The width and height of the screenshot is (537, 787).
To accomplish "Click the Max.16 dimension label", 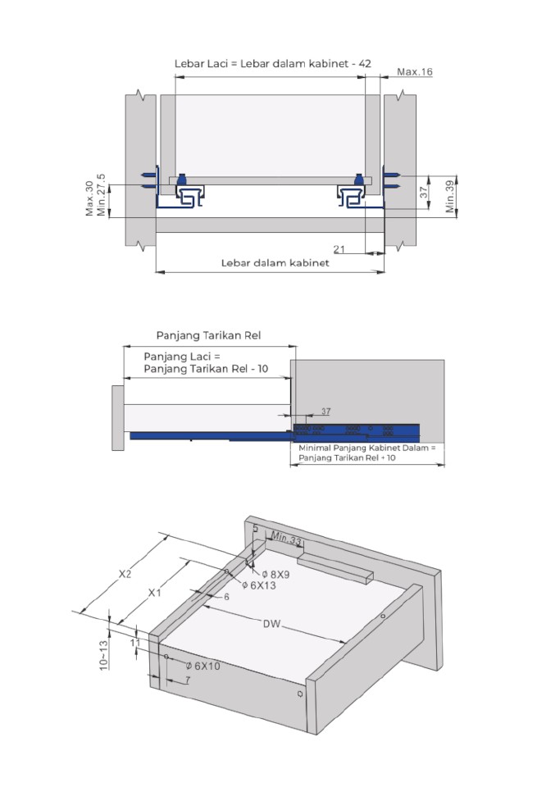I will (414, 72).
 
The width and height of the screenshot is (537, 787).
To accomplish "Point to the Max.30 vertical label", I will (89, 198).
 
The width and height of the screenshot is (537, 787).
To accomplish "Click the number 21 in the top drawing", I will (339, 248).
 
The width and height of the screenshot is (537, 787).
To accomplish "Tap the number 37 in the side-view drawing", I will (325, 411).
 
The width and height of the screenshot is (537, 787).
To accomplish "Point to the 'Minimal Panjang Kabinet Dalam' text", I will (366, 448).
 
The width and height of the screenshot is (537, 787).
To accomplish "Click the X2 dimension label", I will (125, 574).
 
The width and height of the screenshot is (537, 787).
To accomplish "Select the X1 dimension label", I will (154, 591).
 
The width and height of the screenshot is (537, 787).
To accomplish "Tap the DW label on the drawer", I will (271, 624).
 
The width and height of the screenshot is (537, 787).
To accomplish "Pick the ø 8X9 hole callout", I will (275, 575).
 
